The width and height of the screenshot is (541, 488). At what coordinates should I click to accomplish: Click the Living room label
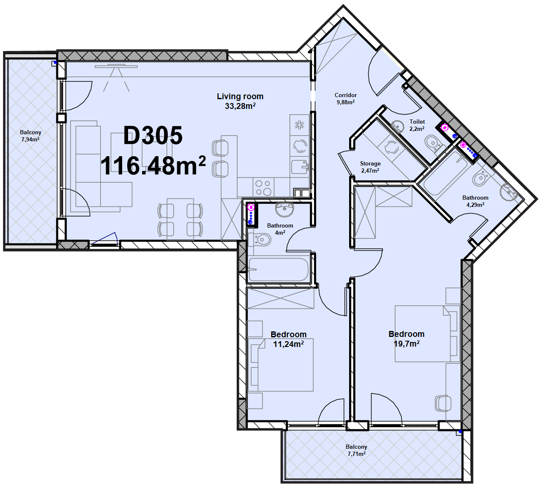240,101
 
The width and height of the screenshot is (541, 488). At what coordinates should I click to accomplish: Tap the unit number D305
153,136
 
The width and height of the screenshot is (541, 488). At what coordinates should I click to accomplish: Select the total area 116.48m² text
153,165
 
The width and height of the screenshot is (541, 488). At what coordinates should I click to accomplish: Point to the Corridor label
345,99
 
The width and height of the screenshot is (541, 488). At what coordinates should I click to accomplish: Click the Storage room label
370,167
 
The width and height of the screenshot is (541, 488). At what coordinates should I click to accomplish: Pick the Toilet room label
417,125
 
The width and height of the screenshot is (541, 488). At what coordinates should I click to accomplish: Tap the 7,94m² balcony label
30,136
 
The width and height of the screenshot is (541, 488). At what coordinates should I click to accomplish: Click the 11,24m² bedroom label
289,339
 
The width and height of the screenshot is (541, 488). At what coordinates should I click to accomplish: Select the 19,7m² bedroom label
407,339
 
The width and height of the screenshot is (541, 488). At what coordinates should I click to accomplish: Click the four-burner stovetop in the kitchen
263,187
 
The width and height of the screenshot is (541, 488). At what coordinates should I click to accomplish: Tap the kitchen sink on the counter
300,167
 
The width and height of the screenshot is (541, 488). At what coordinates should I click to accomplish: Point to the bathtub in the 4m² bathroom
278,270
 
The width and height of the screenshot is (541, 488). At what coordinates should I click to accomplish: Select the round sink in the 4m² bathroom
284,210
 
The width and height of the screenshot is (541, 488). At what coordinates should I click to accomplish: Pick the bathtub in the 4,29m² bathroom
445,173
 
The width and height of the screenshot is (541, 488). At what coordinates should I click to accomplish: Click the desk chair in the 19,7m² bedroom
443,403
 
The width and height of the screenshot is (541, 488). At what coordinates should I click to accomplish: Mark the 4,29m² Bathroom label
475,201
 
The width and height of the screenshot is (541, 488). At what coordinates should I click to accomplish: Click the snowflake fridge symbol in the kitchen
299,125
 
